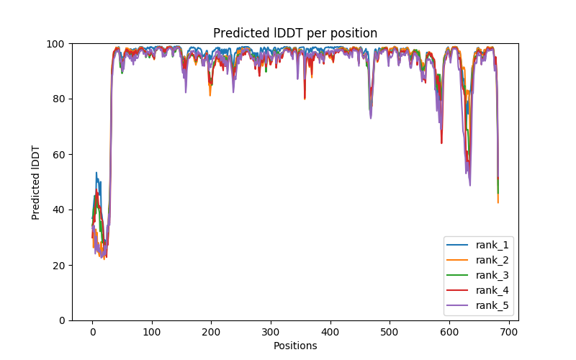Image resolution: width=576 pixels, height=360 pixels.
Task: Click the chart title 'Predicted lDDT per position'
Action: tap(295, 33)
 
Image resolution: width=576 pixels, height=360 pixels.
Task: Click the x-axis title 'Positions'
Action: tap(295, 346)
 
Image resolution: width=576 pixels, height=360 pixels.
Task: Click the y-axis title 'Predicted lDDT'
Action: tap(36, 182)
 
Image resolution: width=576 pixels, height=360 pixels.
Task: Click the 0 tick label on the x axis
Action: tap(92, 332)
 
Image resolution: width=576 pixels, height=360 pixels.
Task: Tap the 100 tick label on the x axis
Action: tap(152, 332)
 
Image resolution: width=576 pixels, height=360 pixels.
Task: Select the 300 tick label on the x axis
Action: tap(271, 332)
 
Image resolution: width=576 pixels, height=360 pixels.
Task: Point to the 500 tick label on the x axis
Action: tap(390, 332)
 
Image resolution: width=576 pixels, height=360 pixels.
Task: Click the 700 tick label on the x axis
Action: tap(508, 332)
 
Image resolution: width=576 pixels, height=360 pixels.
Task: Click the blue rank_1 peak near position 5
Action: tap(96, 173)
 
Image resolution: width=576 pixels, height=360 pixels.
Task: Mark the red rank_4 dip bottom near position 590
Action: tap(441, 143)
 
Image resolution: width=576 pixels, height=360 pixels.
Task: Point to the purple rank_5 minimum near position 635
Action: tap(470, 185)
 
